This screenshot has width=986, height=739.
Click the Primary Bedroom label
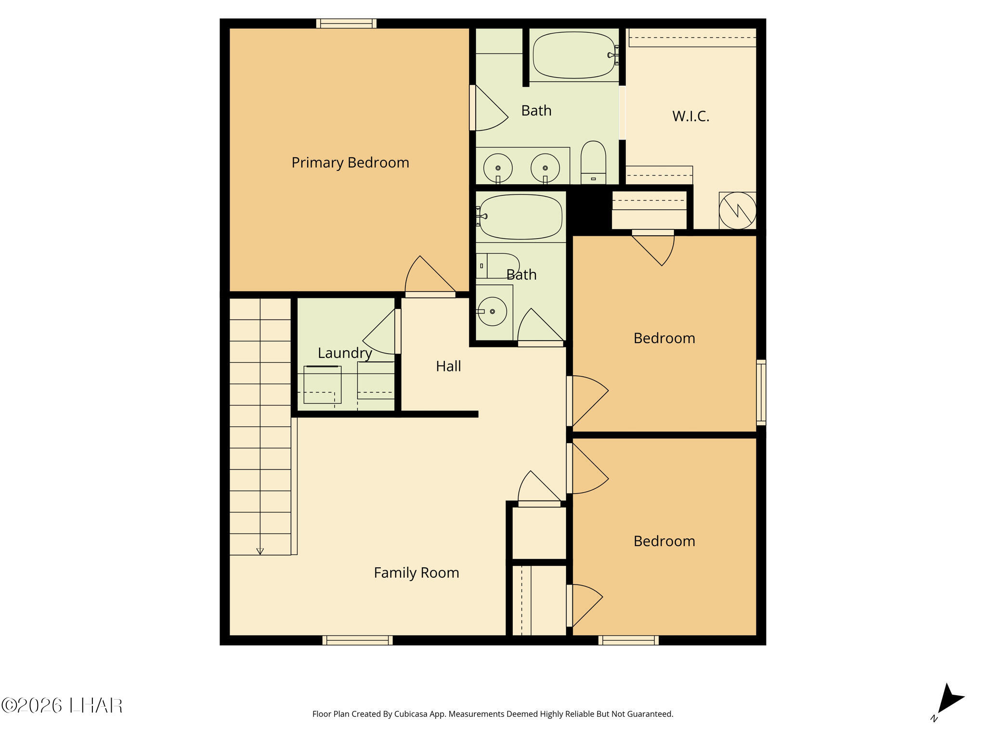point(350,163)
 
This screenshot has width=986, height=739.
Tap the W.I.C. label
point(691,116)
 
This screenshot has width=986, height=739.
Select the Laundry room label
point(345,353)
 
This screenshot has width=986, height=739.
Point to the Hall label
point(448,366)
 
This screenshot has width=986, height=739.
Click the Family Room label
point(416,573)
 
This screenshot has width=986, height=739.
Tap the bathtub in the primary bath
point(574,55)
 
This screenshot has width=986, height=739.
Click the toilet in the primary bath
point(593,162)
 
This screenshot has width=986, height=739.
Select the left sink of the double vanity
point(498,168)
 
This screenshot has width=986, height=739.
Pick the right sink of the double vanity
point(545,168)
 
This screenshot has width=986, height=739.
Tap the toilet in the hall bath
point(498,266)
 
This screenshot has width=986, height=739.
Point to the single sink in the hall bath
point(492,311)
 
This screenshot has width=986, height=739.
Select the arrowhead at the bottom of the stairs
point(260,551)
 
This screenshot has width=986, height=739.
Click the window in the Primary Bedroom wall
point(346,23)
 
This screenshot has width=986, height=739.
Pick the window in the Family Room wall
point(357,640)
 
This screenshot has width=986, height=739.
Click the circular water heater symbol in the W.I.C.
point(738,210)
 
